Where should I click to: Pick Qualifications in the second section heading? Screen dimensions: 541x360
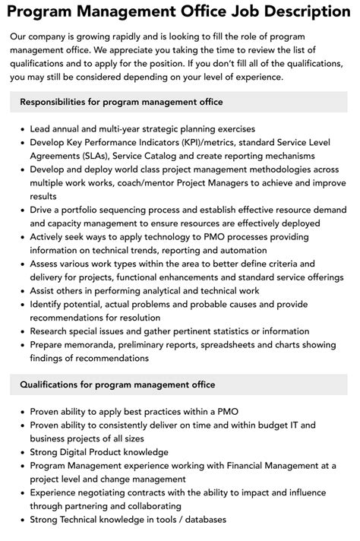[52, 386]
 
